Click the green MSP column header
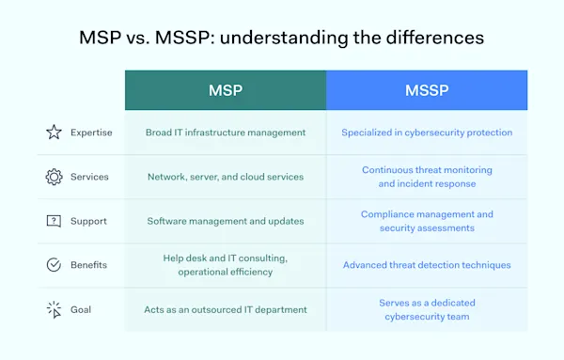[x=226, y=90]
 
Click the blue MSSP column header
[x=427, y=90]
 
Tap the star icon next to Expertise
[x=54, y=133]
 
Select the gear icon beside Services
[x=54, y=177]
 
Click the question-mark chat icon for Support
[x=54, y=221]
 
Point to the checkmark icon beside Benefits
[x=54, y=265]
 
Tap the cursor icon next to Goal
[x=54, y=309]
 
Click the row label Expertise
[x=91, y=133]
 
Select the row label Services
[x=89, y=177]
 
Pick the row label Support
[x=88, y=221]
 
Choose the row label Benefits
[x=89, y=265]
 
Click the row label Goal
[x=82, y=309]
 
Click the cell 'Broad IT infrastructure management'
[x=226, y=133]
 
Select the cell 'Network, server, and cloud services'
[x=226, y=177]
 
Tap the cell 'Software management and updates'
[x=226, y=221]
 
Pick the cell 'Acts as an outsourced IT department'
[x=226, y=309]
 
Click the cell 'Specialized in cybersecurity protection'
[x=427, y=133]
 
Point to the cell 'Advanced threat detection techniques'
[x=427, y=265]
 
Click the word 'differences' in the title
[x=438, y=39]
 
